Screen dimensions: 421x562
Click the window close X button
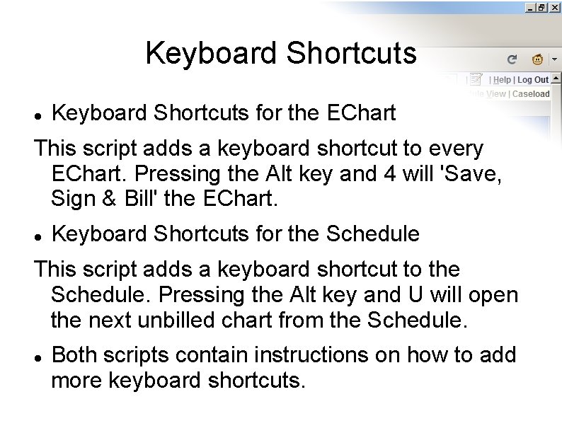(x=556, y=7)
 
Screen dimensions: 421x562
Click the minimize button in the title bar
(x=530, y=7)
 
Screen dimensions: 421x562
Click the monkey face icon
(x=538, y=59)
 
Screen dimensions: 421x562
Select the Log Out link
(x=533, y=80)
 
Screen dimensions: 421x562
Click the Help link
(x=502, y=80)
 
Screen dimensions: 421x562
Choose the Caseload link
(x=531, y=93)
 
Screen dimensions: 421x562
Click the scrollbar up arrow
(x=556, y=78)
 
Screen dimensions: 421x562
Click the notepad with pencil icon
(x=476, y=79)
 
